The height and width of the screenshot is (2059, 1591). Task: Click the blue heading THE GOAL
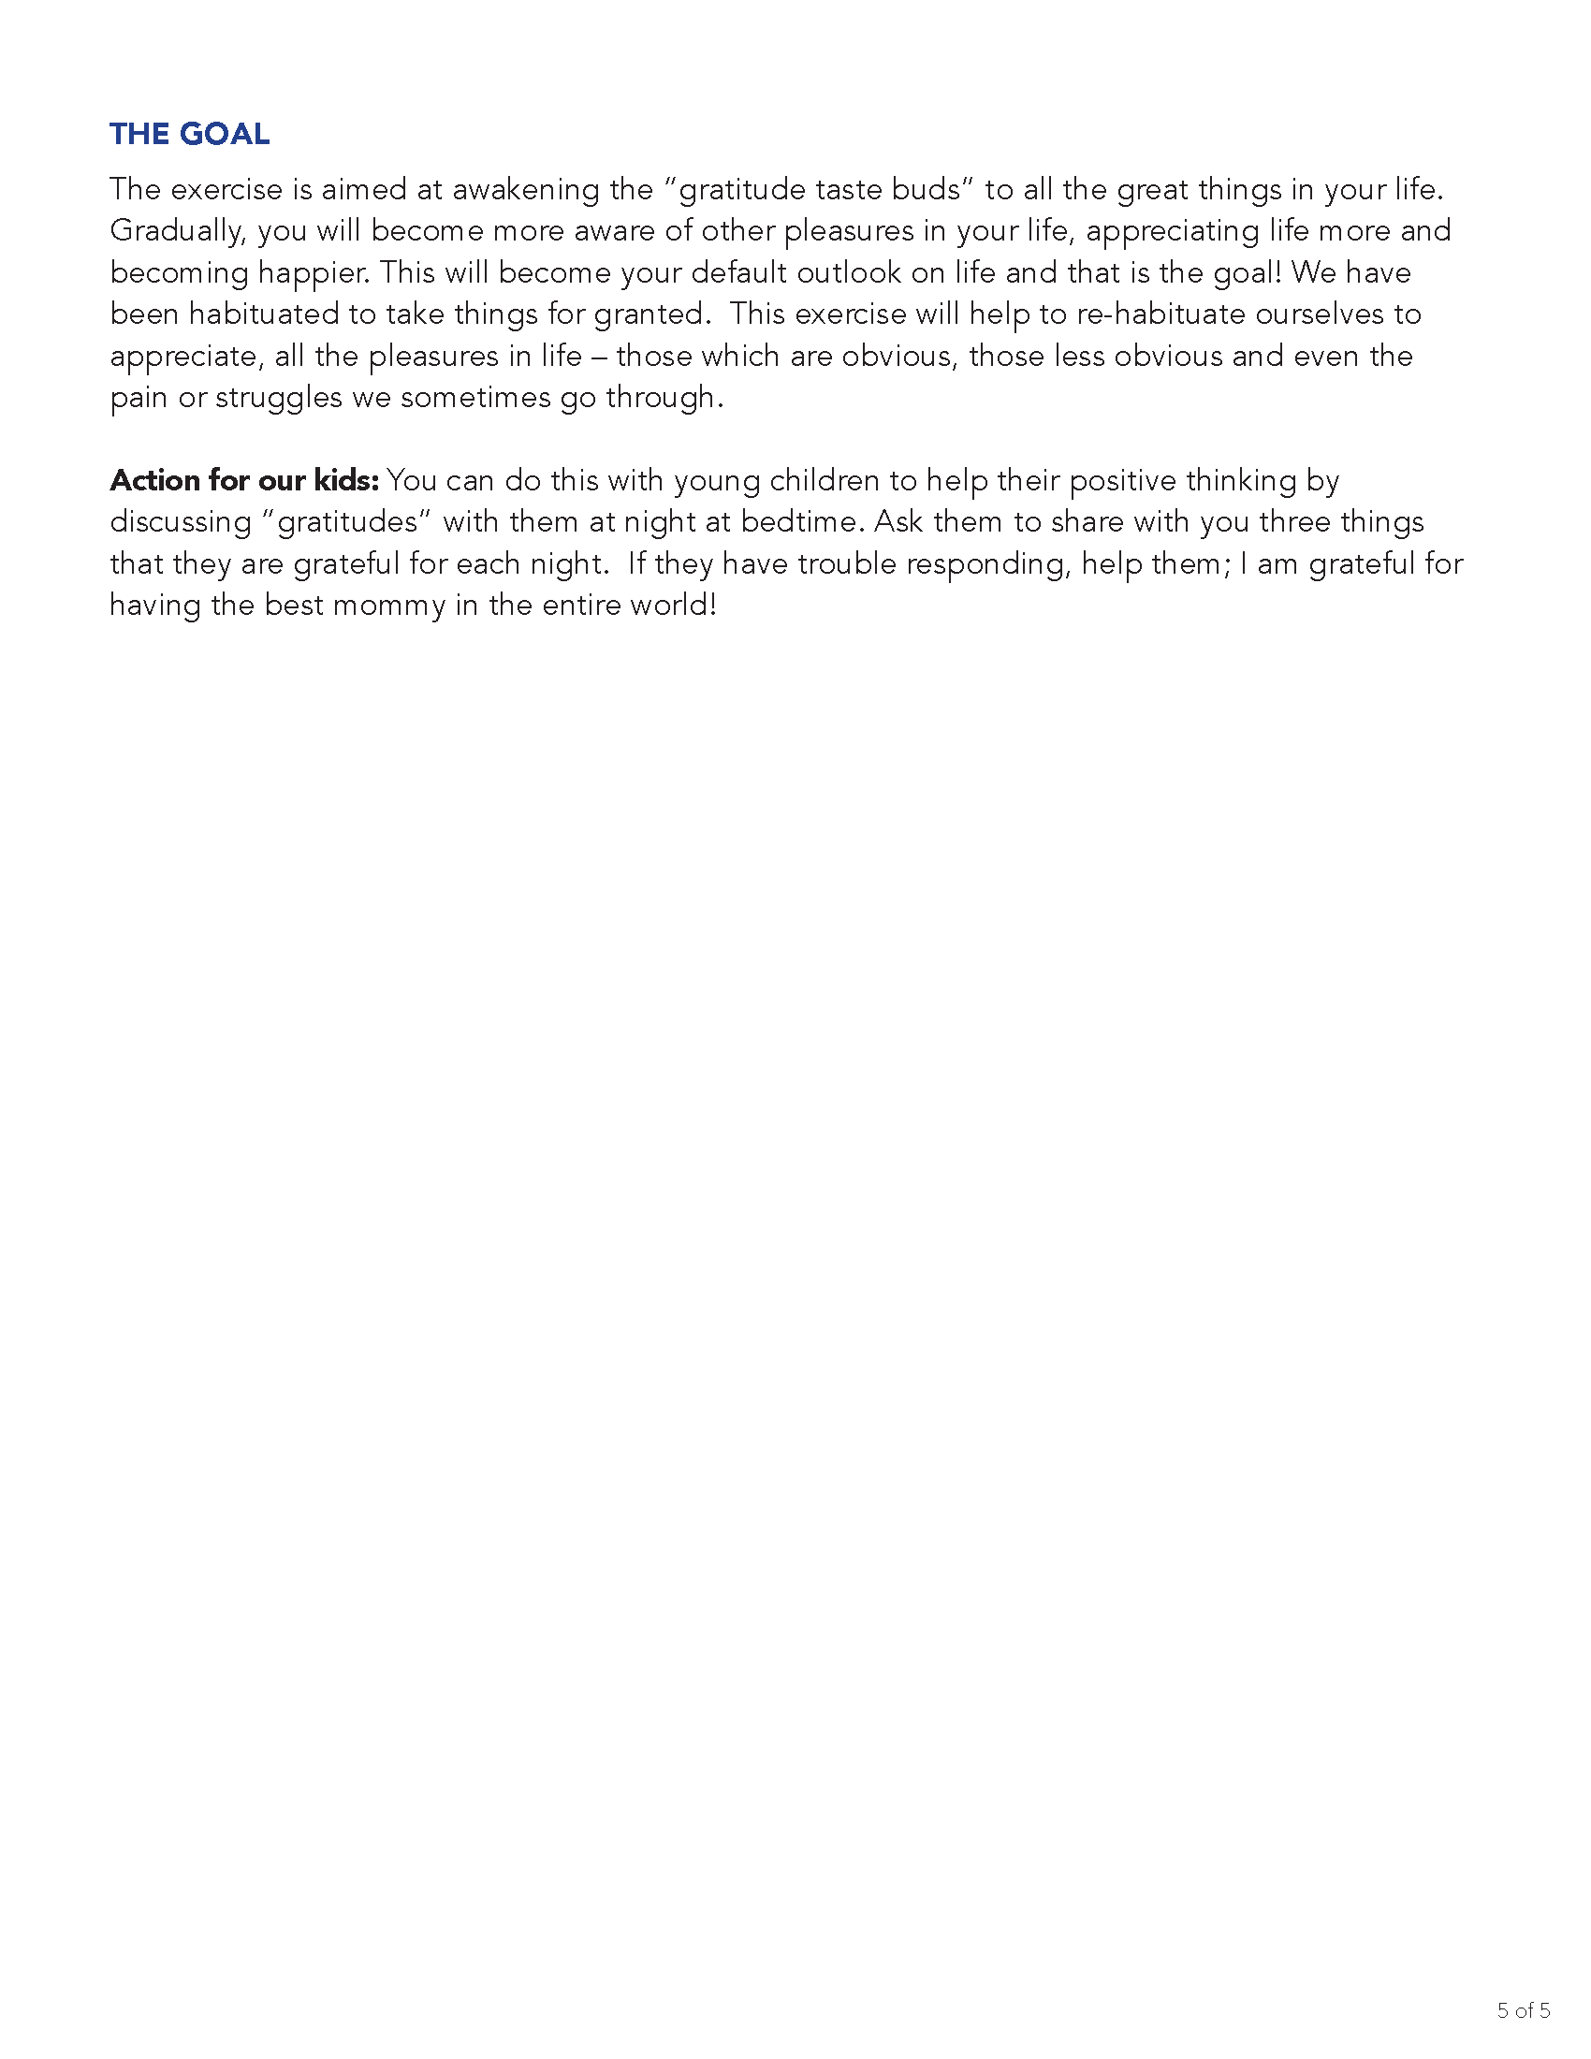pos(189,134)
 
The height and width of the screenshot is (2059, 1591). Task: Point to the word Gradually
pos(177,232)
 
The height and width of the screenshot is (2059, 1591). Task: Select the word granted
pos(652,314)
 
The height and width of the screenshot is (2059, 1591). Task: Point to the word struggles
pos(279,398)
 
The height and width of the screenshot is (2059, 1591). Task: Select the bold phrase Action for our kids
pos(244,481)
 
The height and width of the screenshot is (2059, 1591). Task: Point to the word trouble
pos(846,563)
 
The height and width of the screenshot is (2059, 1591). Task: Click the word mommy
pos(388,606)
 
